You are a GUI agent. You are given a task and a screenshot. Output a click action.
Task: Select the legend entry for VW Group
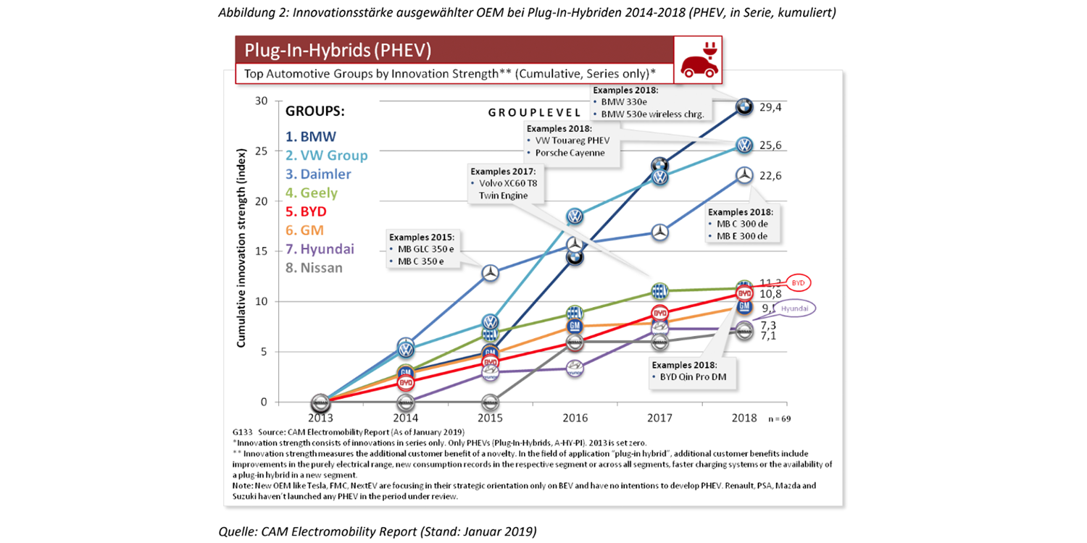(x=326, y=155)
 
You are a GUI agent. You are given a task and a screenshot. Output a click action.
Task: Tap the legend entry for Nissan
(x=314, y=268)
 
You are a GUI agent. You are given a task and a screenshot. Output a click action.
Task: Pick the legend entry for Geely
(x=311, y=193)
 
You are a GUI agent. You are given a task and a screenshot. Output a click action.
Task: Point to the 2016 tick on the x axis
(x=575, y=418)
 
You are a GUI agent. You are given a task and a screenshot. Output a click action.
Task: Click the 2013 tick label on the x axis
(x=320, y=418)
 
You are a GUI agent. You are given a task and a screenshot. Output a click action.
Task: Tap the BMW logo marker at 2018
(x=744, y=107)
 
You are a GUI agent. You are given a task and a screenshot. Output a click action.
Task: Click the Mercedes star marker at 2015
(x=490, y=273)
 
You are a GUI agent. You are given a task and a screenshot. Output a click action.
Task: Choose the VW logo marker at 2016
(x=575, y=216)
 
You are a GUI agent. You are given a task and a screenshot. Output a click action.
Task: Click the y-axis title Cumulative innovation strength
(x=241, y=246)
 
